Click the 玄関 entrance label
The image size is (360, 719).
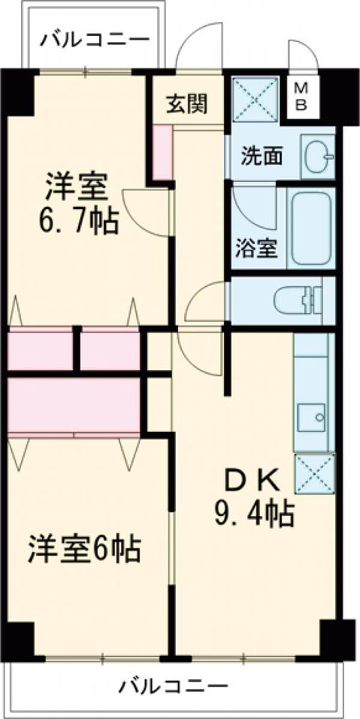[186, 104]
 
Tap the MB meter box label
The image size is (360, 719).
[300, 97]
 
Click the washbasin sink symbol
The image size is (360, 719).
[319, 157]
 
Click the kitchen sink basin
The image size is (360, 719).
[311, 417]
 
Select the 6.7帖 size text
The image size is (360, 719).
[79, 222]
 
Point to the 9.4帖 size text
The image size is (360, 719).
[253, 515]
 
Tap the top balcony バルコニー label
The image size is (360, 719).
[95, 40]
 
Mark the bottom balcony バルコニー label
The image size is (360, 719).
[174, 687]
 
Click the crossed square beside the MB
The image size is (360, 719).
[255, 100]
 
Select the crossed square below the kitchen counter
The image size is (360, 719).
[314, 473]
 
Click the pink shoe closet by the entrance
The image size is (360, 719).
[162, 152]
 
